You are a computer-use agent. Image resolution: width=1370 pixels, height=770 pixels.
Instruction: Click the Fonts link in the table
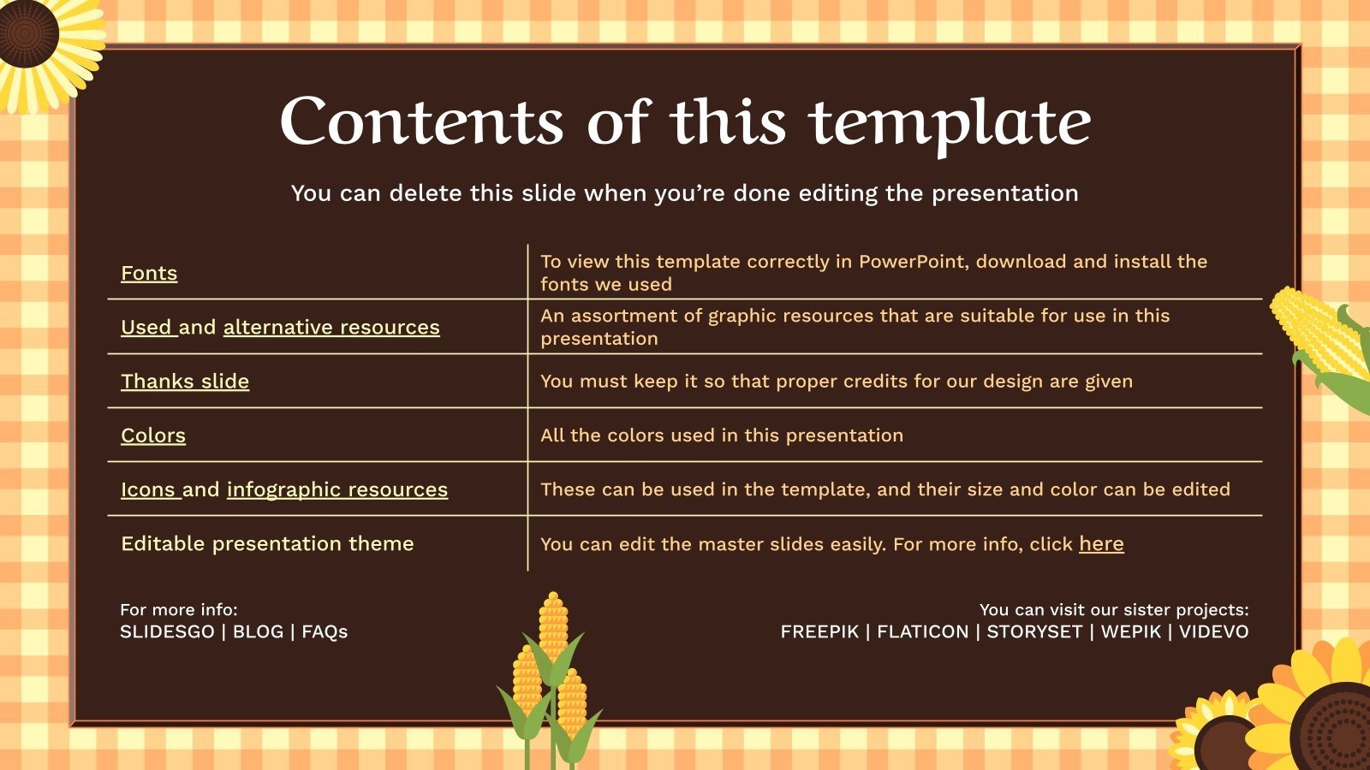[149, 273]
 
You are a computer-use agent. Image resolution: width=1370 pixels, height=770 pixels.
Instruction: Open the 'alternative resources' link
[331, 327]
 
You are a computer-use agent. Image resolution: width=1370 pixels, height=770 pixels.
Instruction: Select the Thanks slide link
[185, 382]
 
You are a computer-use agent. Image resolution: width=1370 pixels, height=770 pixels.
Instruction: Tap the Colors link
[153, 435]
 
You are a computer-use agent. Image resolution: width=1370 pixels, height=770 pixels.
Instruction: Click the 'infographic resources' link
[337, 489]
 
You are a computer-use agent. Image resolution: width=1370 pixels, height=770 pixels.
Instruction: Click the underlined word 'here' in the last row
[1101, 544]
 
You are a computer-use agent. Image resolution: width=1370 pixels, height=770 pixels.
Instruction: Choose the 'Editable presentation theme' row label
[267, 544]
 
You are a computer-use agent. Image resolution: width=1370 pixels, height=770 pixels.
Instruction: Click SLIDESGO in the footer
[167, 632]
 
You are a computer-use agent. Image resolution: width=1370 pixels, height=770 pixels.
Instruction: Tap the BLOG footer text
[258, 632]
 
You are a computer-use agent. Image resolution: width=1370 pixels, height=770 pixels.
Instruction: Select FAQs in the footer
[325, 632]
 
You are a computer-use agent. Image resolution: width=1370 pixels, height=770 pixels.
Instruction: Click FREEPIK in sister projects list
[819, 632]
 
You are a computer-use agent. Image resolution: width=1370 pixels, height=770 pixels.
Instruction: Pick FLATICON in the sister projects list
[922, 632]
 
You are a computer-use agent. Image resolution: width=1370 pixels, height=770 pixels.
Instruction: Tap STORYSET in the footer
[1034, 632]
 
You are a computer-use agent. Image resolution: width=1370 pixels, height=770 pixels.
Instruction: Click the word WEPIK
[1130, 632]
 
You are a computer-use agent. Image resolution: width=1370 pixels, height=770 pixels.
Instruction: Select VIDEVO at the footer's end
[1213, 632]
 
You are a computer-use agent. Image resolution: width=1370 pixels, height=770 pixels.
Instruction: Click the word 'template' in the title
[950, 122]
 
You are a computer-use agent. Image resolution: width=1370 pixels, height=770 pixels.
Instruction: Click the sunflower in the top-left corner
[39, 43]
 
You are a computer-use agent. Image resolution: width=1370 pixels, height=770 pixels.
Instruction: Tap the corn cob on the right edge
[1323, 342]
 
